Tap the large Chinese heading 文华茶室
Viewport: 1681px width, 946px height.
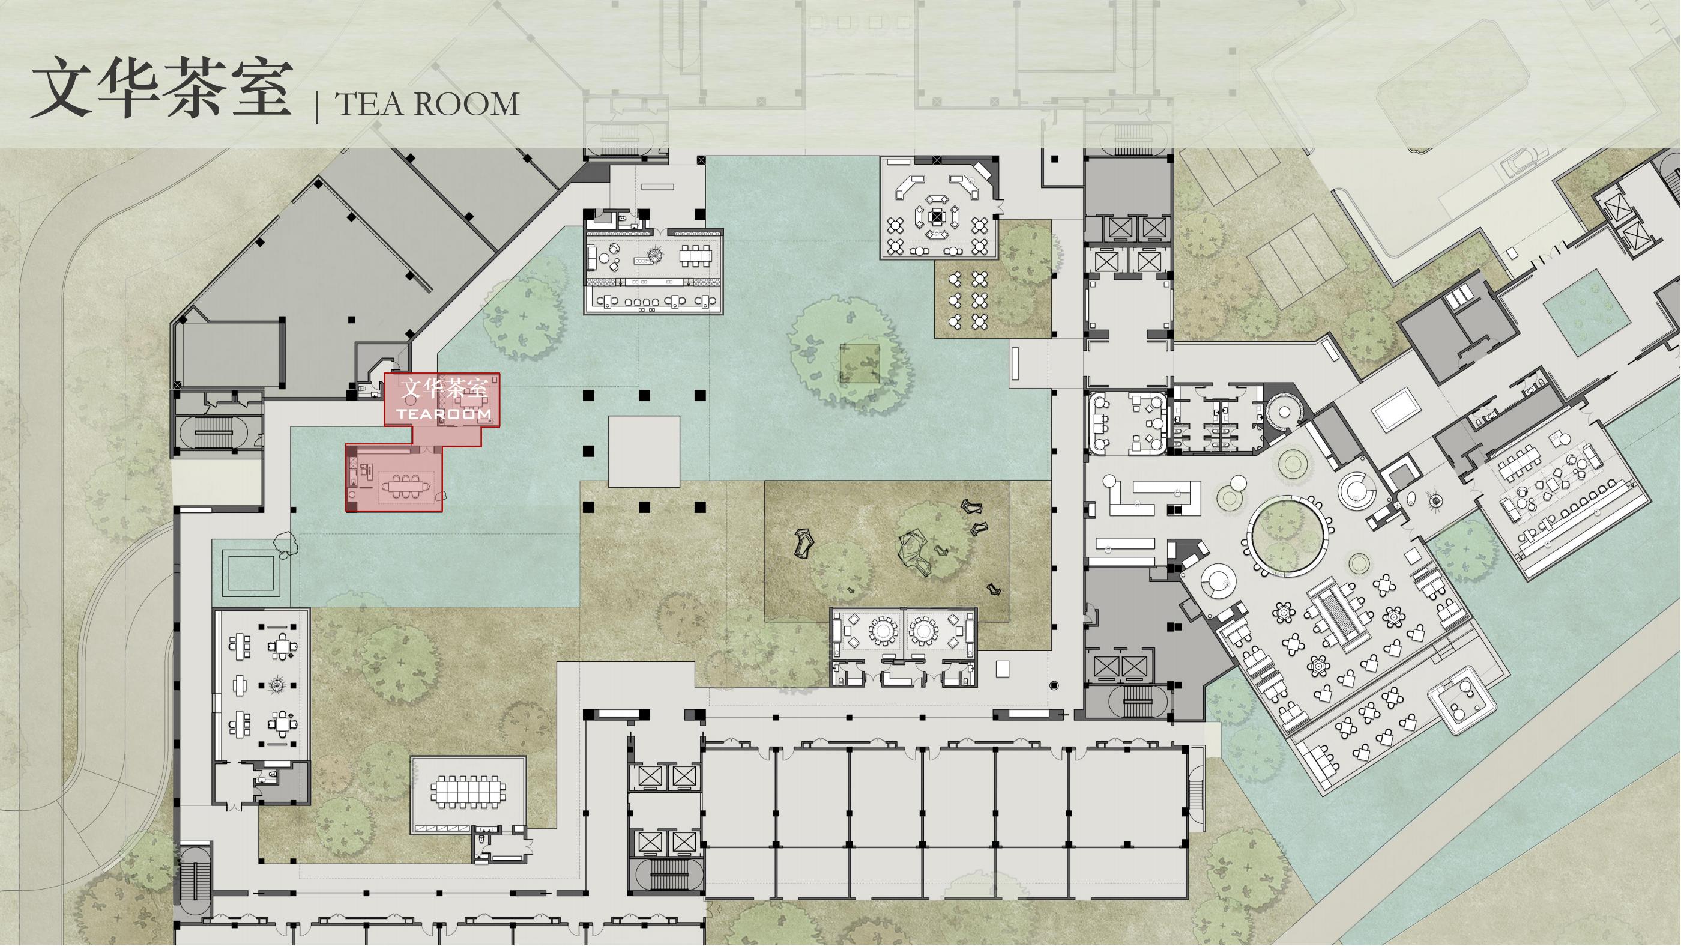(x=160, y=88)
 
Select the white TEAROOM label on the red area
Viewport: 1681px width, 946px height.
(x=444, y=414)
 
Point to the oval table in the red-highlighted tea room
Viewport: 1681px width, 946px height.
(x=401, y=486)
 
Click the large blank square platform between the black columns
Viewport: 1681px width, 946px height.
(x=644, y=451)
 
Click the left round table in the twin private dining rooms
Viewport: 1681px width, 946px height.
(x=884, y=631)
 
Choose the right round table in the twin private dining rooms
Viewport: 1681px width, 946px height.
(x=923, y=631)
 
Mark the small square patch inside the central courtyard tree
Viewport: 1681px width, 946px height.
(x=860, y=363)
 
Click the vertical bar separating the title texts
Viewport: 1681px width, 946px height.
(x=318, y=107)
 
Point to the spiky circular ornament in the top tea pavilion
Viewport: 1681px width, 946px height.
(x=655, y=255)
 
